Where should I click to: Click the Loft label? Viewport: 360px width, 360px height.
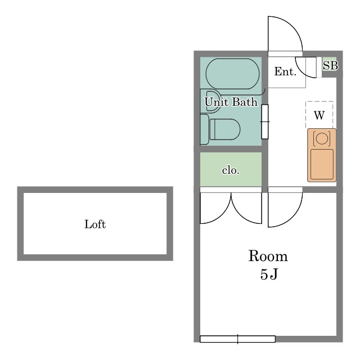point(95,224)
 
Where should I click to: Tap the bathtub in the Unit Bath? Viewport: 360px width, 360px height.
point(232,74)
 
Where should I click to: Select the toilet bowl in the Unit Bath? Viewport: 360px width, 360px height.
point(225,129)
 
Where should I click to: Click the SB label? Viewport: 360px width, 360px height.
point(330,65)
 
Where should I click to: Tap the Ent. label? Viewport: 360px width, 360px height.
point(285,71)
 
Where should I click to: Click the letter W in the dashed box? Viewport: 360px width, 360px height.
point(319,115)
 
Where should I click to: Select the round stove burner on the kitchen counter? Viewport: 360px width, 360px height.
point(322,138)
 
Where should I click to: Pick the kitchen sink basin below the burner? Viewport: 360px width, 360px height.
point(322,164)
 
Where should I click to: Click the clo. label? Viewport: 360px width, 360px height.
point(231,170)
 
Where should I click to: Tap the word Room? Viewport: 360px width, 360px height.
point(268,256)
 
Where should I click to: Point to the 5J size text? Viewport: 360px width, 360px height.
point(269,274)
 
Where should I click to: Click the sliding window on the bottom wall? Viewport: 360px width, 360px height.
point(237,339)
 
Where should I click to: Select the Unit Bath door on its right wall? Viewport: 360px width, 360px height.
point(265,121)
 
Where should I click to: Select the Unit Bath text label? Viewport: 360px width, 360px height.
point(231,102)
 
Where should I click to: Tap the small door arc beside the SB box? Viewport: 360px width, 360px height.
point(301,71)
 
